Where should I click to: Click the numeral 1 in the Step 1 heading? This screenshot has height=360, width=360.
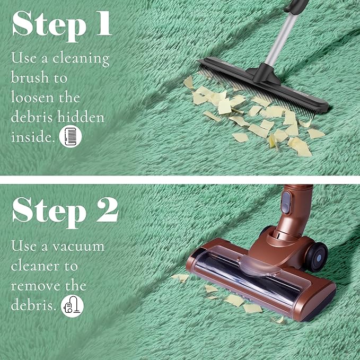[x=104, y=24]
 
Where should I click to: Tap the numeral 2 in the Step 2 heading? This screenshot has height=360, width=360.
[x=107, y=210]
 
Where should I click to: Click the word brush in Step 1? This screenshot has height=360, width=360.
[x=30, y=77]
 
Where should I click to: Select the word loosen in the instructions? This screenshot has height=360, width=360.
[x=32, y=97]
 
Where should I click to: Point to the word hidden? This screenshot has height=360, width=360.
[x=81, y=117]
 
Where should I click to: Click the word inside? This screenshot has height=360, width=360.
[x=33, y=137]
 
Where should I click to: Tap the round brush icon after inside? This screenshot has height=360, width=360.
[x=71, y=136]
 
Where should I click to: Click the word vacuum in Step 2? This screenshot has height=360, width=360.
[x=78, y=247]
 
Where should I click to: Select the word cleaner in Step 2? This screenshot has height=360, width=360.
[x=35, y=266]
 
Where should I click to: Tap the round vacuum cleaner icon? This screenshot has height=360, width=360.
[x=72, y=306]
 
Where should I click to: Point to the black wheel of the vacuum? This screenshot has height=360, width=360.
[x=317, y=257]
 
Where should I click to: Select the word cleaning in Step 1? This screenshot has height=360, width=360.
[x=81, y=58]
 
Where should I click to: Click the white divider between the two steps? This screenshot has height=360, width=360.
[x=180, y=180]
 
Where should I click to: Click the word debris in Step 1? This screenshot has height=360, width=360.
[x=32, y=117]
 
